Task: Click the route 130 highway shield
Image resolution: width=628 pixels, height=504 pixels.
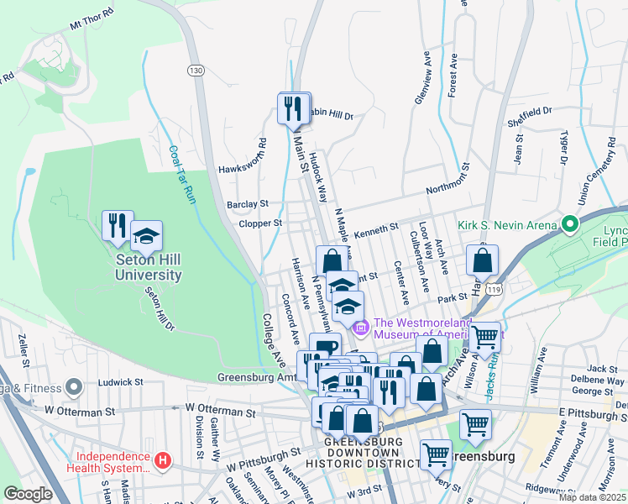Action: click(x=196, y=71)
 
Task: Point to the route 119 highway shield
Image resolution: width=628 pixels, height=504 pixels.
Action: click(x=498, y=289)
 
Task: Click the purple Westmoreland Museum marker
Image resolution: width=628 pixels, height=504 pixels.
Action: click(x=361, y=325)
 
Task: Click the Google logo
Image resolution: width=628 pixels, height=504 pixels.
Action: click(x=28, y=494)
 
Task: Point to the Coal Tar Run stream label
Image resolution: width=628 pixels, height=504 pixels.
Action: click(x=181, y=176)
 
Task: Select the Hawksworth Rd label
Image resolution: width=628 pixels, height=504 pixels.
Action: click(x=242, y=156)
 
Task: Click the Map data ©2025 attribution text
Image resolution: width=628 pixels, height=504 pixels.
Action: click(x=592, y=497)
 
